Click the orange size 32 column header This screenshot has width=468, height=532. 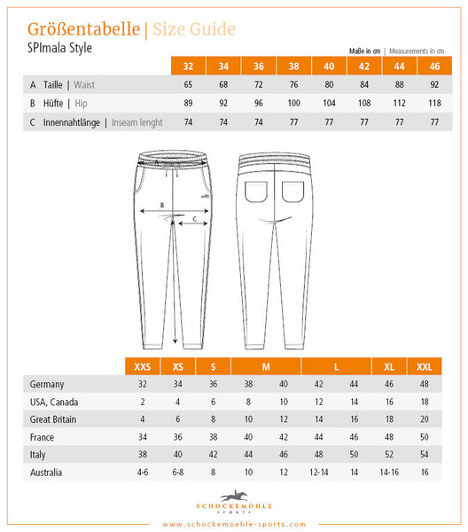(x=188, y=66)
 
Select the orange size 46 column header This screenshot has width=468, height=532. (x=434, y=66)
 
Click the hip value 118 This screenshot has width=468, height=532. (x=434, y=104)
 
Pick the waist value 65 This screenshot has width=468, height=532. (x=188, y=85)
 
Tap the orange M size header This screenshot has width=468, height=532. (x=266, y=366)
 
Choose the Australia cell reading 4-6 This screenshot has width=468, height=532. (x=142, y=473)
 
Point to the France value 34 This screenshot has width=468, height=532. (x=142, y=437)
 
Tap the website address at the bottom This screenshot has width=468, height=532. (x=234, y=523)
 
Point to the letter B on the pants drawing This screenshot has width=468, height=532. (x=161, y=206)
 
